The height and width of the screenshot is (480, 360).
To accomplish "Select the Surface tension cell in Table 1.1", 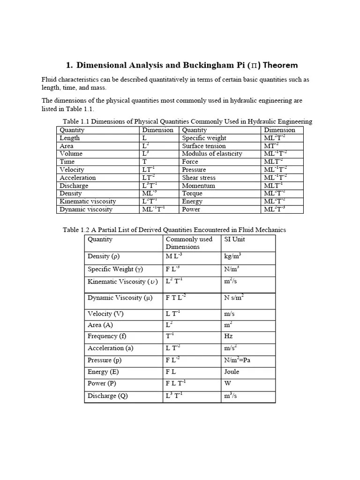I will pyautogui.click(x=203, y=146).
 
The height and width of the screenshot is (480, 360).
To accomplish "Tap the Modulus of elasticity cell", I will pyautogui.click(x=212, y=154).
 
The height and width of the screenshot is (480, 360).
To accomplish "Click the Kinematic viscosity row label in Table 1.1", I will pyautogui.click(x=88, y=202).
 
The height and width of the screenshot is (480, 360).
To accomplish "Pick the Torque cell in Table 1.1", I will pyautogui.click(x=192, y=194).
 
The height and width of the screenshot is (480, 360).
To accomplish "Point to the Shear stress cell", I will pyautogui.click(x=199, y=178).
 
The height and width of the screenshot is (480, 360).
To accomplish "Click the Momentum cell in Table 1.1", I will pyautogui.click(x=198, y=186).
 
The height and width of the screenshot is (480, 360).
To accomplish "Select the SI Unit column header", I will pyautogui.click(x=235, y=240).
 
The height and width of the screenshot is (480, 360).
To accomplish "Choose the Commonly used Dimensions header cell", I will pyautogui.click(x=189, y=243).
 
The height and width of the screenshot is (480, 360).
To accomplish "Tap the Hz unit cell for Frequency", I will pyautogui.click(x=229, y=337).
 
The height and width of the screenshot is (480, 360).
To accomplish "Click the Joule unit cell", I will pyautogui.click(x=232, y=372).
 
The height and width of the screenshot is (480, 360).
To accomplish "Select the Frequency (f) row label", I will pyautogui.click(x=107, y=337).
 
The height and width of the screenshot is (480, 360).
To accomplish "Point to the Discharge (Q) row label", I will pyautogui.click(x=108, y=396).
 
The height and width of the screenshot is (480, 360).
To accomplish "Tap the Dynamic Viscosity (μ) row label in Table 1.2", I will pyautogui.click(x=120, y=298).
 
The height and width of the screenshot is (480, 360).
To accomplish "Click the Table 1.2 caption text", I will pyautogui.click(x=174, y=230).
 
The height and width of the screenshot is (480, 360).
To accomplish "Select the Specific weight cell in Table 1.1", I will pyautogui.click(x=204, y=138).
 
